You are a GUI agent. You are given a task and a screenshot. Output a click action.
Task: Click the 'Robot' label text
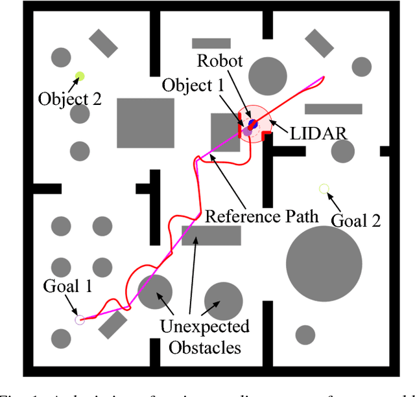click(x=220, y=62)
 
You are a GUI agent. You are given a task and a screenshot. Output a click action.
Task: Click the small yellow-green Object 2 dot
click(x=80, y=76)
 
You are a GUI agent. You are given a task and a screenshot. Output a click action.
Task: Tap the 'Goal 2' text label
click(x=355, y=220)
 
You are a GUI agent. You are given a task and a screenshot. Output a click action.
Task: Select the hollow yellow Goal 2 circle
click(x=324, y=189)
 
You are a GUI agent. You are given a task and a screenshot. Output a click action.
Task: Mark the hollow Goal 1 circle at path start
click(x=79, y=319)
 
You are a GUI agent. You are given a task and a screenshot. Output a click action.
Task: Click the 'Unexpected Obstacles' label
click(x=204, y=336)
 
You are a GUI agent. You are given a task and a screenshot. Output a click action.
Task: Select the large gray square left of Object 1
click(x=145, y=123)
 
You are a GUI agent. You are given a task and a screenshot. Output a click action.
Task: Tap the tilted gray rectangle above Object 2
click(x=103, y=43)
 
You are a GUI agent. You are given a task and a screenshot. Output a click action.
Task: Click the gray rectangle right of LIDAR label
click(x=333, y=109)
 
